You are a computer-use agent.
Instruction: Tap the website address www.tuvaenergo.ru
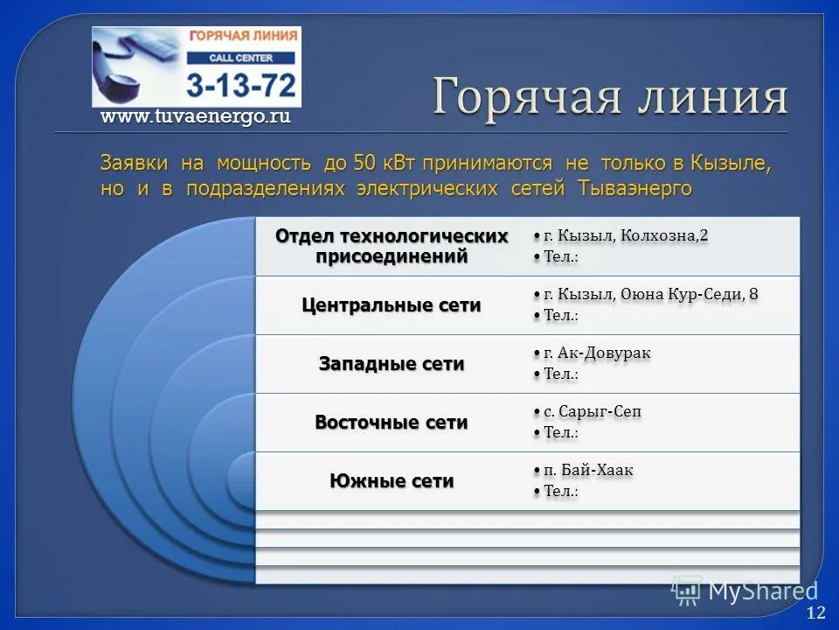tap(195, 116)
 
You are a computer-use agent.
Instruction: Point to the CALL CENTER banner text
tap(241, 58)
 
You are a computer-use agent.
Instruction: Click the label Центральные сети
tap(392, 305)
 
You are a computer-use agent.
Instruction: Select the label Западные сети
tap(392, 364)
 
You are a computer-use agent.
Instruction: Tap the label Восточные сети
tap(392, 423)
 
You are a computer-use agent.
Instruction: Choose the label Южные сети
tap(392, 481)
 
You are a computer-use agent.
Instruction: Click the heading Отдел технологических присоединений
tap(392, 247)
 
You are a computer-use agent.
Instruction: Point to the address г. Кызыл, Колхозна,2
tap(626, 236)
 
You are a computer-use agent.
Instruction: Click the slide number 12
tap(816, 612)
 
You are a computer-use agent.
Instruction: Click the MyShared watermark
tap(747, 591)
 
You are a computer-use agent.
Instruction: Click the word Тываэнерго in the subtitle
tap(634, 189)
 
